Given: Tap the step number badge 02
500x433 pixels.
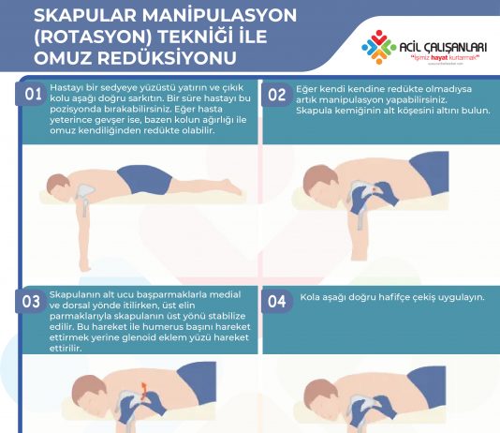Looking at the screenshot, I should [x=277, y=95].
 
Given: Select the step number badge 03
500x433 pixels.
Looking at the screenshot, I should [x=32, y=301].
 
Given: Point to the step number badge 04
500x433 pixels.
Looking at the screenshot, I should [x=277, y=301].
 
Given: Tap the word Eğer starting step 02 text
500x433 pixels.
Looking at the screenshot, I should [x=307, y=86].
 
